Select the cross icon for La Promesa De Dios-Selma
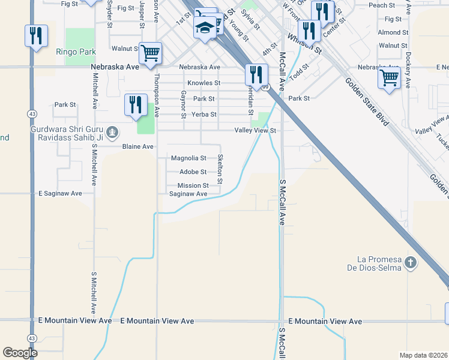(x=410, y=263)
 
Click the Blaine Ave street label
(x=138, y=146)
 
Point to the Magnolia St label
(x=188, y=158)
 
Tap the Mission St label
(x=193, y=186)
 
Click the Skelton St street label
(x=220, y=169)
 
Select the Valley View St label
(x=255, y=130)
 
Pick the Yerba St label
(x=204, y=114)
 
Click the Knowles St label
(x=203, y=83)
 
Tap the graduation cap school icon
(x=205, y=28)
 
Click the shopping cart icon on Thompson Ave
(x=151, y=52)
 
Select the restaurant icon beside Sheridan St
(x=256, y=74)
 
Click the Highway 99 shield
(x=264, y=87)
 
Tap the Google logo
(x=19, y=353)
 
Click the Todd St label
(x=297, y=74)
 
